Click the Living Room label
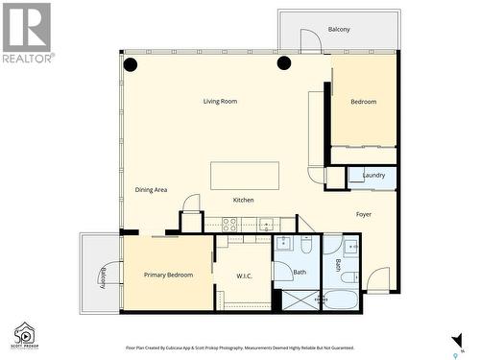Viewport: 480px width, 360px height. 220,101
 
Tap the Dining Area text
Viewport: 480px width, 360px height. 152,190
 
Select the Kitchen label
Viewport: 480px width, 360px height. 244,200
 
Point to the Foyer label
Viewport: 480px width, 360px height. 364,214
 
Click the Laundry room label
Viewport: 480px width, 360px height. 373,175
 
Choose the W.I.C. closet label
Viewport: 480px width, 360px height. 245,276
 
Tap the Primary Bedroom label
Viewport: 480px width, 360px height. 168,275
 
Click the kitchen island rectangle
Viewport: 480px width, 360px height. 245,176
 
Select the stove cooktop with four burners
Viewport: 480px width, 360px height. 230,225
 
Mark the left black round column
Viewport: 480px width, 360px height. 131,65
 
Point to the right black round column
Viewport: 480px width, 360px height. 284,63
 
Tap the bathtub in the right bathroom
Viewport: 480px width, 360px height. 341,302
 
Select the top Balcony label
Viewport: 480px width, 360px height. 339,30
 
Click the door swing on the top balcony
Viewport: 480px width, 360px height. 310,41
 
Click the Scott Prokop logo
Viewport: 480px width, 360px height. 24,334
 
